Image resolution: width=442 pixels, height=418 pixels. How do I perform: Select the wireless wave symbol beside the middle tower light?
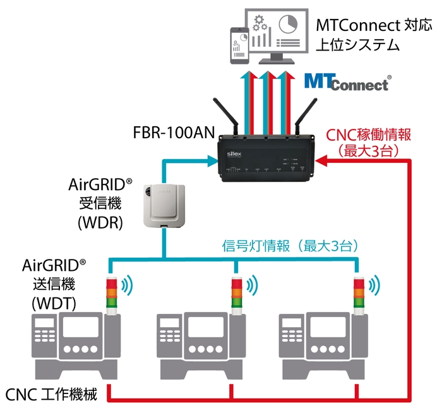[254, 284]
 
